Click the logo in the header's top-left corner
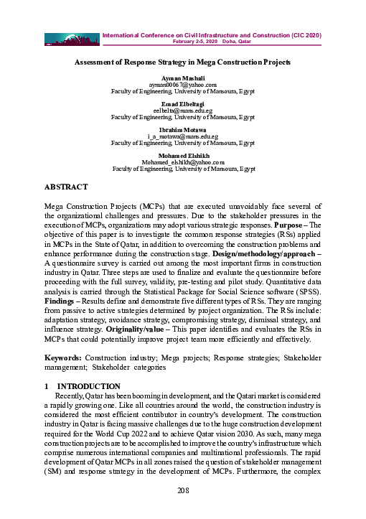point(71,37)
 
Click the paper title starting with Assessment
point(183,62)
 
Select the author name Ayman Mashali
point(183,78)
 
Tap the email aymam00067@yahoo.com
point(183,85)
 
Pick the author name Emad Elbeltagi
point(183,103)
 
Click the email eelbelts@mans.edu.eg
point(183,110)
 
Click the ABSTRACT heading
point(66,187)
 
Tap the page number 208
point(183,490)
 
